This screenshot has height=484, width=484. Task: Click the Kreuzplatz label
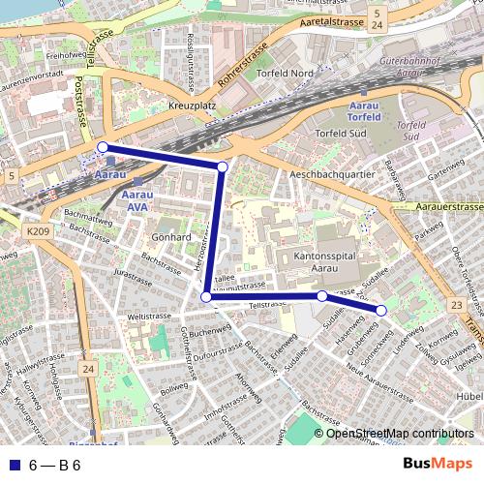190,104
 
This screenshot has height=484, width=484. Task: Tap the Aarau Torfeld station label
363,110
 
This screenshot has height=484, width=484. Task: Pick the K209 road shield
38,231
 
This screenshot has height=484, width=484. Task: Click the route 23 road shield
455,306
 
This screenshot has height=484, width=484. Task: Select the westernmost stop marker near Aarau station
103,147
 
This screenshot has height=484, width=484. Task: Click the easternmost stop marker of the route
381,310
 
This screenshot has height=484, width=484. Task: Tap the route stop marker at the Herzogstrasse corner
205,297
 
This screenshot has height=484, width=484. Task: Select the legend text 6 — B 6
54,465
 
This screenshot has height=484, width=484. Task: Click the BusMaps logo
439,464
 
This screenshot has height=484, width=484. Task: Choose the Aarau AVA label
138,198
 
